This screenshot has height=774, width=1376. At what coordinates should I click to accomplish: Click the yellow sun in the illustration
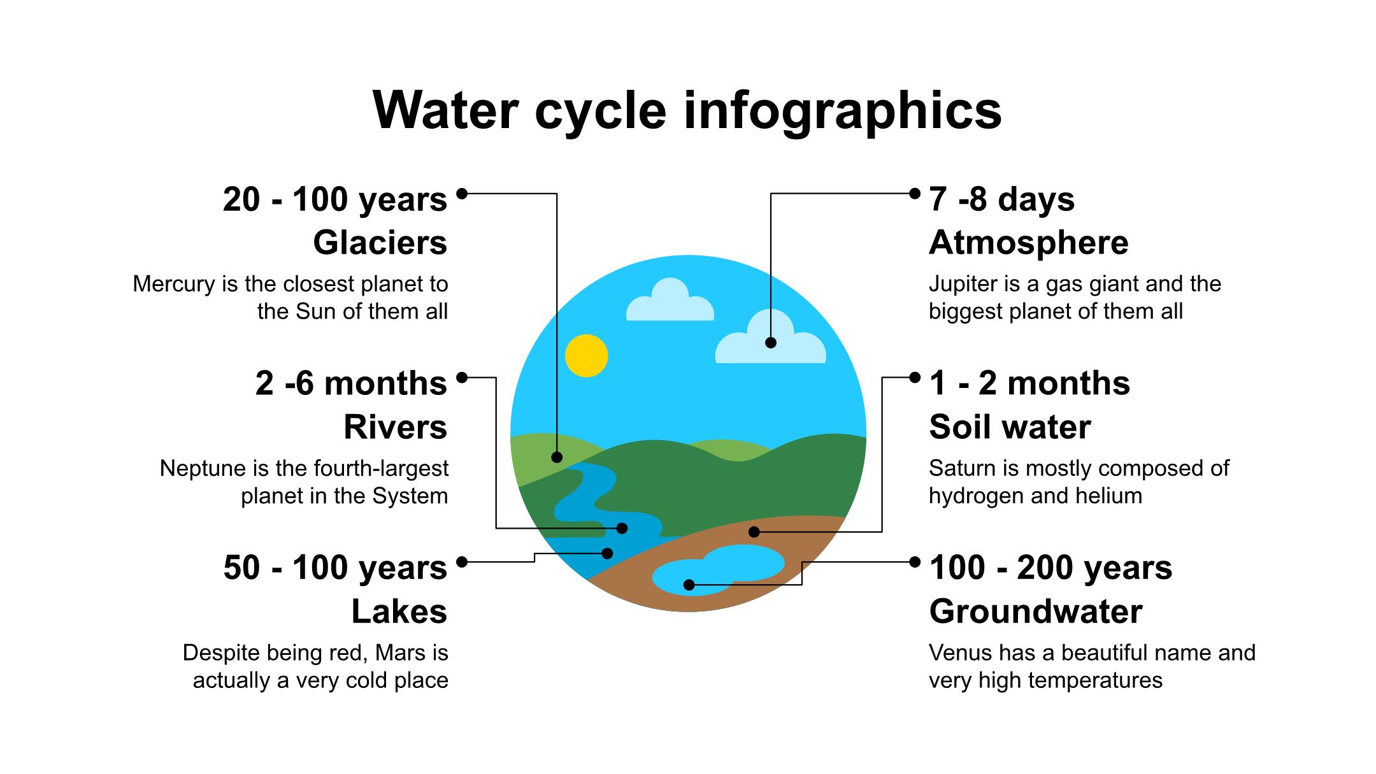point(586,355)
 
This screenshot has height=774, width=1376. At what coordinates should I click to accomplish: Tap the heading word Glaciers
point(380,243)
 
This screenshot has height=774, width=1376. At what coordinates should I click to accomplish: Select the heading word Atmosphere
point(1029,243)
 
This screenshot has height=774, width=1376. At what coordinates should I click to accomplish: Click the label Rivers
point(396,427)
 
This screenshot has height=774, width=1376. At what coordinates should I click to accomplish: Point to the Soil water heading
point(1010,427)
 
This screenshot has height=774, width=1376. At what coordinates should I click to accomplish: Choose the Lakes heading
point(399,612)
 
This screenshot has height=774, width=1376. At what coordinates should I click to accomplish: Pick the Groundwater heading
point(1036,612)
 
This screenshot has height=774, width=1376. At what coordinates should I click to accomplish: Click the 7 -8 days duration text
point(1002,199)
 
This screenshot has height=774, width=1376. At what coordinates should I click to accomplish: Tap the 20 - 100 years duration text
point(335,199)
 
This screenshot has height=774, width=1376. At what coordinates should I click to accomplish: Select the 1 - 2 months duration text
point(1029,383)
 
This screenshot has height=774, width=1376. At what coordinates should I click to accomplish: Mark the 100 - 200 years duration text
point(1050,568)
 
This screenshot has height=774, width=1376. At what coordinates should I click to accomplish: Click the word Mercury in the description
point(174,284)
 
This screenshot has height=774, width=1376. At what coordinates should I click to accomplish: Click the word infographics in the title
point(843,111)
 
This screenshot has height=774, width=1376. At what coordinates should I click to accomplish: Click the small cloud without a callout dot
point(670,299)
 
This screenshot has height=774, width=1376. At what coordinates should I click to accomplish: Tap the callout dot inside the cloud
point(771,343)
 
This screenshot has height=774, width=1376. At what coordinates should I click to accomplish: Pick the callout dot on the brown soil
point(754,531)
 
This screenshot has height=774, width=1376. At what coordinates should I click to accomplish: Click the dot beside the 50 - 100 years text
point(462,562)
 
